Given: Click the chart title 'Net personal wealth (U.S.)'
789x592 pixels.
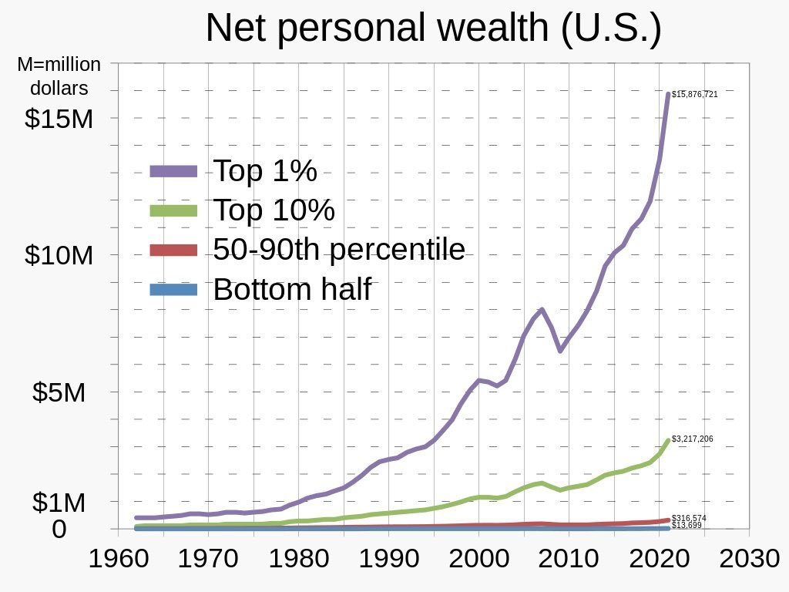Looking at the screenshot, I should (x=433, y=29).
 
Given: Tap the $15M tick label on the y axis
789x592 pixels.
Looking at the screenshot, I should (x=59, y=119).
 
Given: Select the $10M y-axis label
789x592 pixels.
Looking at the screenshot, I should (x=59, y=255).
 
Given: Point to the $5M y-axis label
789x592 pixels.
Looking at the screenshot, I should (x=59, y=392).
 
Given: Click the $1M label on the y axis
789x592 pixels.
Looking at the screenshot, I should (x=59, y=503).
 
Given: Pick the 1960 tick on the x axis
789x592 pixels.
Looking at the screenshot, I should (x=118, y=559).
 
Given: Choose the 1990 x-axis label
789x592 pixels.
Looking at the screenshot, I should (x=388, y=559).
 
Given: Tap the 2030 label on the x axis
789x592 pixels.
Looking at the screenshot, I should (x=749, y=559).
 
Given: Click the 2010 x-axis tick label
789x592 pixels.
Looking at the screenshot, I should (x=569, y=559).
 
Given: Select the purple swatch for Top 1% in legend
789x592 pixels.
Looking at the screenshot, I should (x=173, y=171).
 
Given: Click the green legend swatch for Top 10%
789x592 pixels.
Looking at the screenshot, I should (x=173, y=210).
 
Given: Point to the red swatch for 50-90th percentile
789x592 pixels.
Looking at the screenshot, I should (x=173, y=250).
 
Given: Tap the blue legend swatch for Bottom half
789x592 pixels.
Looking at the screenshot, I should (x=173, y=290).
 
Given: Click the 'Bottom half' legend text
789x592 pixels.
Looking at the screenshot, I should (x=292, y=290).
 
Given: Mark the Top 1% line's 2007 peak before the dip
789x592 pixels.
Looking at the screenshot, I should (x=542, y=310).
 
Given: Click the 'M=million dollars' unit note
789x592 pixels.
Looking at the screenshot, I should (x=59, y=76).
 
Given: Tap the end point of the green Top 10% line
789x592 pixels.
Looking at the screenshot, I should (x=667, y=441).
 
